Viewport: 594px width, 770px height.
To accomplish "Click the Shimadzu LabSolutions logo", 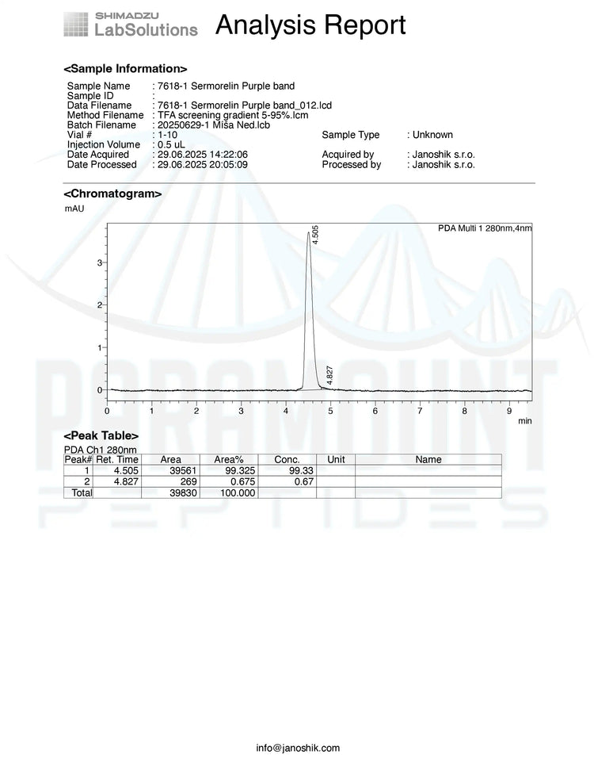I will (x=131, y=25).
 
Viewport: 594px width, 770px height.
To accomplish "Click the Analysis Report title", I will (x=310, y=25).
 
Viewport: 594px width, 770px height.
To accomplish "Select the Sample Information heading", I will (x=125, y=69).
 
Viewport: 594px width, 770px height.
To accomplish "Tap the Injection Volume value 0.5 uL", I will (x=171, y=144).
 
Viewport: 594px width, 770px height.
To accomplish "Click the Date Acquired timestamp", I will (x=203, y=155).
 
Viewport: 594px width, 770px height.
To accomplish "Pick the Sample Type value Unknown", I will (x=432, y=135).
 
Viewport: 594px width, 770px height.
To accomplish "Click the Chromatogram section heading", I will (x=112, y=193).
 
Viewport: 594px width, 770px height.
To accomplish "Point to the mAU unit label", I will (x=74, y=209).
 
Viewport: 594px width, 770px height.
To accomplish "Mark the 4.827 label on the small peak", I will (x=329, y=374).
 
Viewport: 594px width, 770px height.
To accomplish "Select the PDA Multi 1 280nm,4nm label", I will (x=485, y=228).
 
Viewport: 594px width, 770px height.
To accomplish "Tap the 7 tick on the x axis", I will (x=420, y=411).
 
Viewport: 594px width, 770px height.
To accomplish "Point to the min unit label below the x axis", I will (x=524, y=420).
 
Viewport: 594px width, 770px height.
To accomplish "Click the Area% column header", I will (x=229, y=460).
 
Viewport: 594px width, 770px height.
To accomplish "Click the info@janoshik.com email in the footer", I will (x=298, y=748).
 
